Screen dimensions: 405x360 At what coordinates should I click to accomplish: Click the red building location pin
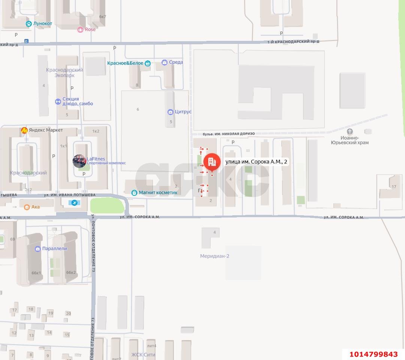coord(212,162)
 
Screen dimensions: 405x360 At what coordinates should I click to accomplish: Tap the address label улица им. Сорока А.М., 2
coord(256,162)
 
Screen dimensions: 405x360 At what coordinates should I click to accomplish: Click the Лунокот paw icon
coord(29,24)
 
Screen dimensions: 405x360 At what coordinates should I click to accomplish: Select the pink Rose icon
coord(80,30)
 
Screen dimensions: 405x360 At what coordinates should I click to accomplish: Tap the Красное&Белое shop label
coord(125,63)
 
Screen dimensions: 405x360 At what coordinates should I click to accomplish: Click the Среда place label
coord(176,62)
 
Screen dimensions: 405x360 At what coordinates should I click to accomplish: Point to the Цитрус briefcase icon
coord(170,112)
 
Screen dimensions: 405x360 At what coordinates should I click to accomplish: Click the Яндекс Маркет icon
coord(24,130)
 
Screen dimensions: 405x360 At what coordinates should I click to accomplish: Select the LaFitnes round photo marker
coord(79,161)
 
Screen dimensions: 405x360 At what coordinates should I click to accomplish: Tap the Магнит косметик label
coord(158,192)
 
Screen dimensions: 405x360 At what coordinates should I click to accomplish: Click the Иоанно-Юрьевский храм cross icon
coord(350,132)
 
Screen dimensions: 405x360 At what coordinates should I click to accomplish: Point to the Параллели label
coord(55,249)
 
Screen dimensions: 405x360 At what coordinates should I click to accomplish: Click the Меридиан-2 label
coord(215,256)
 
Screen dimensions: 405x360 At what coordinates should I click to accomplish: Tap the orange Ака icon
coord(27,207)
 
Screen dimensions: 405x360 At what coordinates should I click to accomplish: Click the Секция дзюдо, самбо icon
coord(58,102)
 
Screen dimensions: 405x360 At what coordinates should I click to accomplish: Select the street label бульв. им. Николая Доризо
coord(229,134)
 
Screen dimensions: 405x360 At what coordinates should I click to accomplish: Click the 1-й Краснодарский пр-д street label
coord(293,42)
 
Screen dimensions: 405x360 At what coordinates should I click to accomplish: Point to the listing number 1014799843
coord(373,354)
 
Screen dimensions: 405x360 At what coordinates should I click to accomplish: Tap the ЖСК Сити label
coord(143,354)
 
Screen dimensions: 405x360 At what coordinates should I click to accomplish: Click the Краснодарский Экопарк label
coord(64,72)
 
